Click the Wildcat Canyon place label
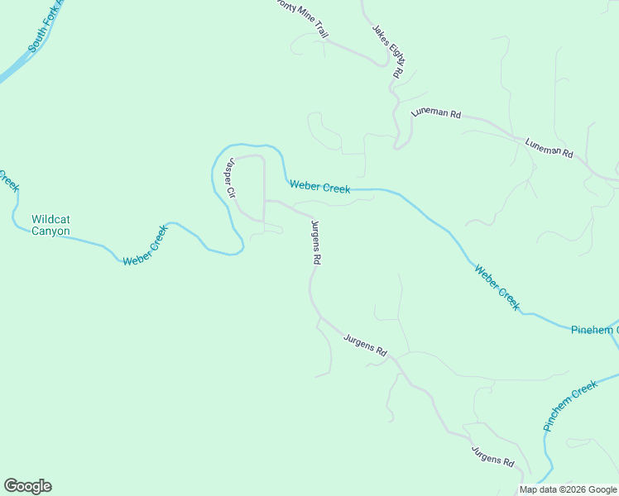pos(50,225)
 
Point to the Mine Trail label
pos(302,18)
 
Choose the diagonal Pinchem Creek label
pos(570,406)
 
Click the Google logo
pos(27,486)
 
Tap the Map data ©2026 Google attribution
pos(569,489)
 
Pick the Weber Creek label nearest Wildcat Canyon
pos(145,247)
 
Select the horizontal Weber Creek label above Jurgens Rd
pos(319,188)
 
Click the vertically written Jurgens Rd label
pos(315,241)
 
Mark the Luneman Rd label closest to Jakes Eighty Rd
pos(435,113)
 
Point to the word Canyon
pos(50,231)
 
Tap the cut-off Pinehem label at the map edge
pos(593,330)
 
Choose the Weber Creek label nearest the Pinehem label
pos(497,286)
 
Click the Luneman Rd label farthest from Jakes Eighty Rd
pos(549,148)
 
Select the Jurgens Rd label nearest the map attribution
pos(492,456)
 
